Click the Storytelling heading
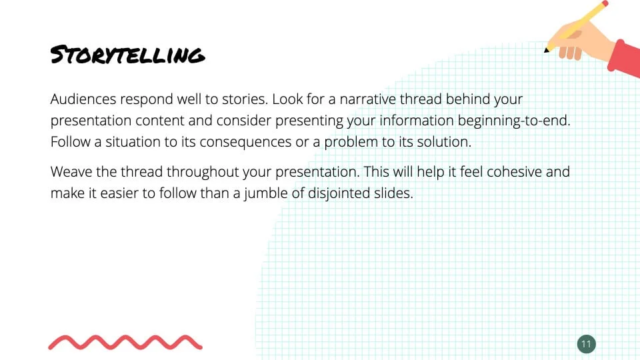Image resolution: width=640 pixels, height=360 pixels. click(127, 55)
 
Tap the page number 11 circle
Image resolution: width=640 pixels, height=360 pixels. click(587, 344)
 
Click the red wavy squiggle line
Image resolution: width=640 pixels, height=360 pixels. click(125, 343)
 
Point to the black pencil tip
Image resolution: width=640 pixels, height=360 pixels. click(546, 50)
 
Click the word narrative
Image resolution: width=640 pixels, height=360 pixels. click(367, 99)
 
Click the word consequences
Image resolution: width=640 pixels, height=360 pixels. click(245, 142)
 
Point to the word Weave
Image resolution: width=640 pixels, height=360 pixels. click(71, 172)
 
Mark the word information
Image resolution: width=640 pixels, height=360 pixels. click(416, 121)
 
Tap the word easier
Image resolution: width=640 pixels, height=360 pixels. click(119, 193)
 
